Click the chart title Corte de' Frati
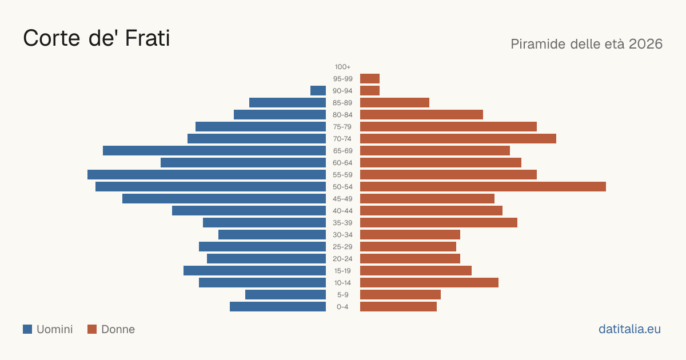pos(97,38)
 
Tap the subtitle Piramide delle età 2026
pos(587,44)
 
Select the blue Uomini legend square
pos(27,329)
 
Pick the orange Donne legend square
pos(92,329)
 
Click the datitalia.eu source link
pos(629,329)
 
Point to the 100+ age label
pos(342,67)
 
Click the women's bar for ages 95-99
pos(370,79)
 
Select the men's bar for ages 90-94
pos(318,91)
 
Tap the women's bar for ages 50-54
pos(483,187)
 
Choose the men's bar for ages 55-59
pos(207,175)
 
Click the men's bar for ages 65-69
pos(214,151)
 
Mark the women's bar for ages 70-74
pos(458,139)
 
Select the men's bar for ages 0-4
pos(278,307)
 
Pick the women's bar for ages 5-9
pos(401,295)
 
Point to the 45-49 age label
pos(342,199)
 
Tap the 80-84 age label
pos(342,115)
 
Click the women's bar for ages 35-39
pos(439,222)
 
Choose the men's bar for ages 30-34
pos(272,235)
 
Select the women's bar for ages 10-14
pos(429,282)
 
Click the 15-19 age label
pos(342,271)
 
